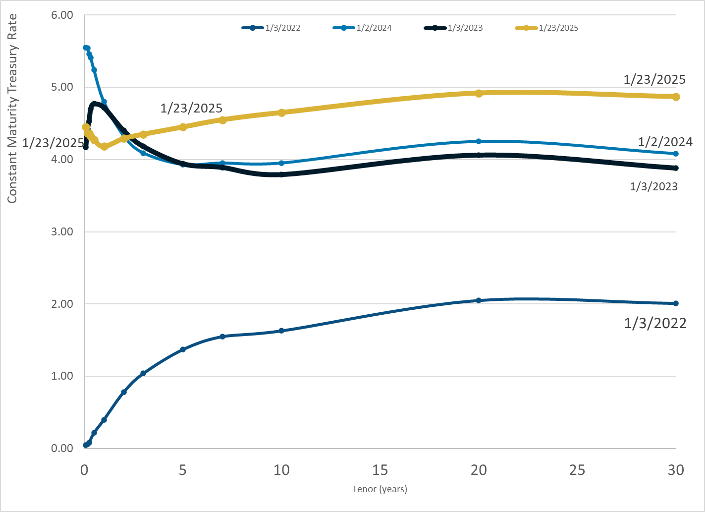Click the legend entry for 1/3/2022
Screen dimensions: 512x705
pyautogui.click(x=271, y=28)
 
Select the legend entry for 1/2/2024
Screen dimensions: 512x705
pyautogui.click(x=362, y=28)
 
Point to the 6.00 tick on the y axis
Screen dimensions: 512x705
pyautogui.click(x=62, y=15)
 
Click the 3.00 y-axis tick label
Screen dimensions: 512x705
pyautogui.click(x=62, y=231)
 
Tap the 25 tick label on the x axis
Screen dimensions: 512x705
pyautogui.click(x=577, y=469)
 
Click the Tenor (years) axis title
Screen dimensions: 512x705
pyautogui.click(x=380, y=489)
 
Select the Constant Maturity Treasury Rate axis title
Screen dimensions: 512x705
pyautogui.click(x=12, y=108)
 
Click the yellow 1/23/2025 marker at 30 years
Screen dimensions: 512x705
pyautogui.click(x=676, y=97)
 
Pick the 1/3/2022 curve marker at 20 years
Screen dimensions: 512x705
pyautogui.click(x=479, y=300)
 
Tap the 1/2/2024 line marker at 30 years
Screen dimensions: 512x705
pyautogui.click(x=676, y=154)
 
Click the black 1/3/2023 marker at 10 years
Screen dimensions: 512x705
pyautogui.click(x=281, y=174)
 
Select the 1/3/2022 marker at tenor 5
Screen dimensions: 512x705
pyautogui.click(x=183, y=349)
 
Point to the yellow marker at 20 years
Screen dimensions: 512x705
pyautogui.click(x=479, y=93)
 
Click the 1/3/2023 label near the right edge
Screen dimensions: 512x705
pyautogui.click(x=653, y=186)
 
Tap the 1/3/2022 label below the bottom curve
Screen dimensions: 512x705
pyautogui.click(x=655, y=323)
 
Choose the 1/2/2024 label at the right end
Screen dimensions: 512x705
pyautogui.click(x=665, y=142)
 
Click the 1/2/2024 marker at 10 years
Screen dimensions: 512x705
pyautogui.click(x=281, y=163)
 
